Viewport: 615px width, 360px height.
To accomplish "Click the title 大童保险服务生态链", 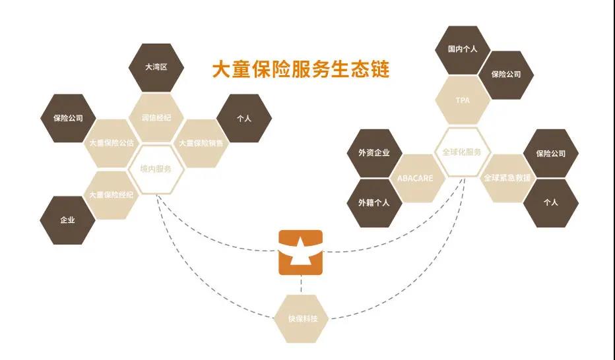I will coord(300,70).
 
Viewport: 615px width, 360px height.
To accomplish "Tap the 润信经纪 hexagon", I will coord(156,117).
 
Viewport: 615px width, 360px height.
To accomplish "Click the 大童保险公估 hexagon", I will coord(111,142).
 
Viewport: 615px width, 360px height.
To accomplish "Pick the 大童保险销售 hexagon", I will coord(201,142).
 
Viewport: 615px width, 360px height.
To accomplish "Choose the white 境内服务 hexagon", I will coord(156,169).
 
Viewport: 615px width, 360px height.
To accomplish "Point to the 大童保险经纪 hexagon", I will coord(111,195).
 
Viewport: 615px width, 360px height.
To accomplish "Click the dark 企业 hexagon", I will coord(67,220).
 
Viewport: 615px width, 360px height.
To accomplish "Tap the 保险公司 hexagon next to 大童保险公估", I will coord(67,119).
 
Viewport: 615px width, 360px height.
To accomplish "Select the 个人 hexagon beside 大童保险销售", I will coord(244,119).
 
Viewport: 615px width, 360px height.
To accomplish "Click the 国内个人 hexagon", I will coord(462,49).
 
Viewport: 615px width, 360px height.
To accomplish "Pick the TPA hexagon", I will coord(462,100).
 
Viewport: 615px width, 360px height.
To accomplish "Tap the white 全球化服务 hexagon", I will coord(462,152).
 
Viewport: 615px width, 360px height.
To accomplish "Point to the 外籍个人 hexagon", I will coord(374,202).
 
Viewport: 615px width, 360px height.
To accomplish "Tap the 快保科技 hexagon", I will coord(302,318).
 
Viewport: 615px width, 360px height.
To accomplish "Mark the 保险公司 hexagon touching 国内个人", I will coord(506,75).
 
